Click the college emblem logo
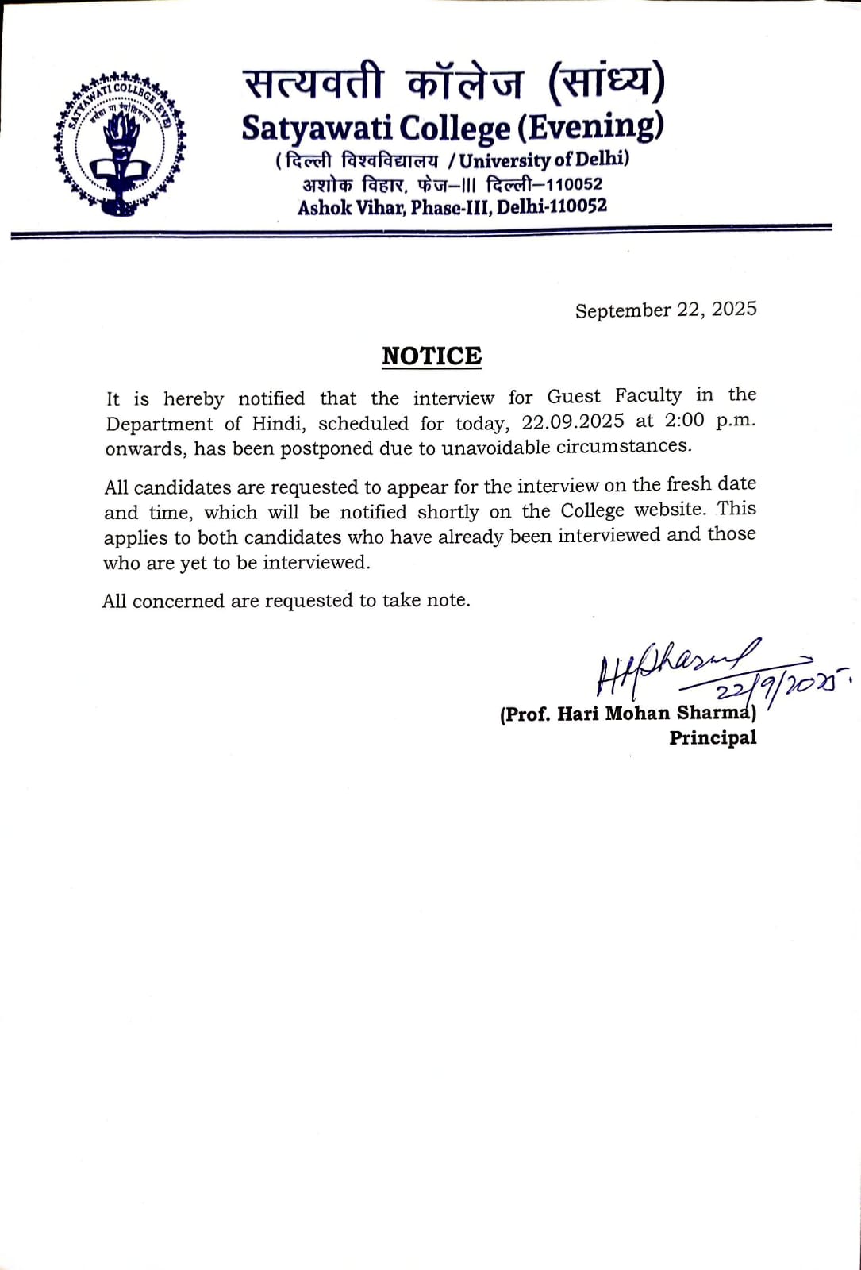pos(120,144)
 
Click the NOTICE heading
pos(432,356)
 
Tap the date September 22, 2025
pos(666,310)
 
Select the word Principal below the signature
pos(713,738)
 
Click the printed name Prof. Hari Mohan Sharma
pos(627,713)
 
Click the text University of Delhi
pos(543,160)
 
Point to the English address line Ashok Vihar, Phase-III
pos(452,207)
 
